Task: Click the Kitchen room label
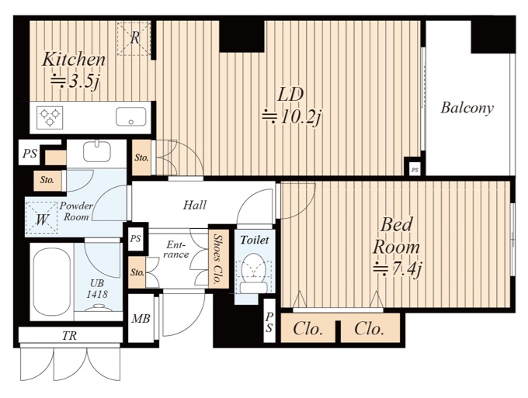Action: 74,60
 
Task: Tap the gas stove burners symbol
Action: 50,117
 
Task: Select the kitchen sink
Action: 131,116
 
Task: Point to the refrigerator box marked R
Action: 134,38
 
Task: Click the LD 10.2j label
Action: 290,106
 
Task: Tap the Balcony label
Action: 467,108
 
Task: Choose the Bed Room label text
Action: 396,236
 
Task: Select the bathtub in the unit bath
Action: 51,282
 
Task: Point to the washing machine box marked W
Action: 42,218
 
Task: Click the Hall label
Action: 195,205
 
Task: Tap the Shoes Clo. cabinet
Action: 218,258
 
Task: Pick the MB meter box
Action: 141,318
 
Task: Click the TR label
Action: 69,335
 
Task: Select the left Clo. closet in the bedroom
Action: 307,328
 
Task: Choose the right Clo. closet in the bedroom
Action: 370,328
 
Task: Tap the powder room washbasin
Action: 96,151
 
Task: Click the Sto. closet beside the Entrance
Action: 137,272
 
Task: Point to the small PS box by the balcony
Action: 415,170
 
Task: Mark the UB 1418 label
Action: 97,289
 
